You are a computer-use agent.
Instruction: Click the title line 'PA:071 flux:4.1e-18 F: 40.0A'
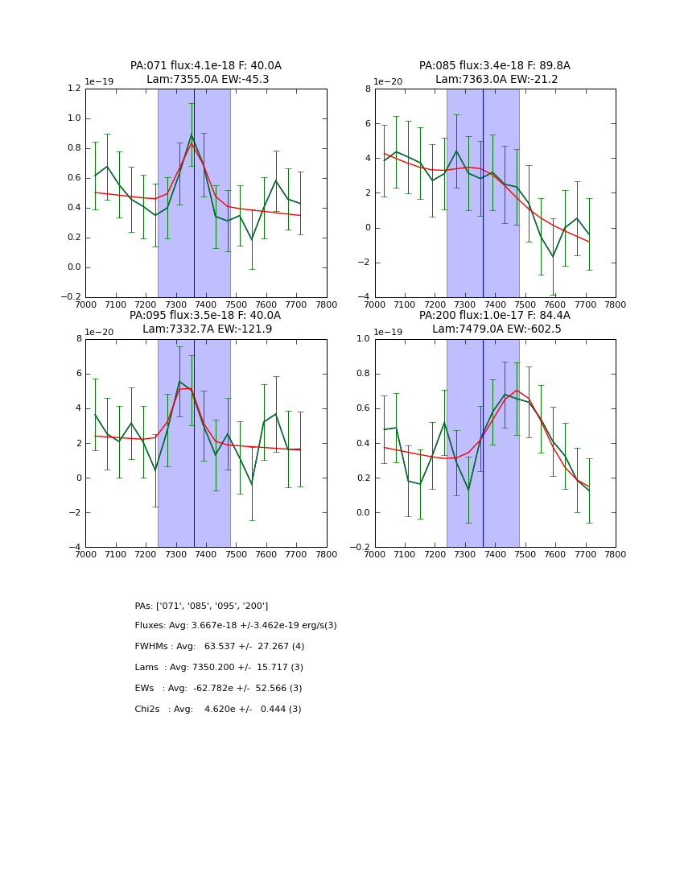coord(206,66)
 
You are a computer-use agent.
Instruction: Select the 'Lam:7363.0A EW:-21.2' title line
coord(495,80)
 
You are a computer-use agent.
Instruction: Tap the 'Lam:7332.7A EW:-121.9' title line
coord(206,329)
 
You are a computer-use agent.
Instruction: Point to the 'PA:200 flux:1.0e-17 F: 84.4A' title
coord(495,316)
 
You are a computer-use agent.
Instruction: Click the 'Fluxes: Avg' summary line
coord(236,626)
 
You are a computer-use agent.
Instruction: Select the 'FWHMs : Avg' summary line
coord(220,647)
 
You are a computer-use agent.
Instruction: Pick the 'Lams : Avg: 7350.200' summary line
coord(219,668)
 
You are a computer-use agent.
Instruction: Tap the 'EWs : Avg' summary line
coord(218,689)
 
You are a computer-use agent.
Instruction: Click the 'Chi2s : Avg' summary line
coord(218,710)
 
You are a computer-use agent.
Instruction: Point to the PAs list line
coord(201,606)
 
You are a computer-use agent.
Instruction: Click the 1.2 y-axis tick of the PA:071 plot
coord(74,89)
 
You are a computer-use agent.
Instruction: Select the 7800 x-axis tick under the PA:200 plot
coord(616,554)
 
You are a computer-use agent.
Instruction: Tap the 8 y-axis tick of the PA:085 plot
coord(366,89)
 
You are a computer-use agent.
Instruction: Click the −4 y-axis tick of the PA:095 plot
coord(74,548)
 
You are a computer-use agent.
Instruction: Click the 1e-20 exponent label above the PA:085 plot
coord(389,81)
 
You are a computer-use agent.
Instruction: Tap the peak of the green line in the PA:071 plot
coord(192,135)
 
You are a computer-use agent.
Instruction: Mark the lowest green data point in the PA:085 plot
coord(553,257)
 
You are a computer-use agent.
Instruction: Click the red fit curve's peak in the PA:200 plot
coord(517,391)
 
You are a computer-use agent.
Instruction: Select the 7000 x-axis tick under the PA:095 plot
coord(84,554)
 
